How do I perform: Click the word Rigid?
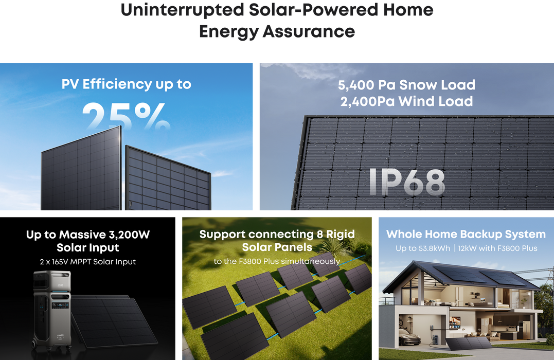click(x=340, y=235)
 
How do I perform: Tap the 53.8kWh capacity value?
click(x=435, y=248)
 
